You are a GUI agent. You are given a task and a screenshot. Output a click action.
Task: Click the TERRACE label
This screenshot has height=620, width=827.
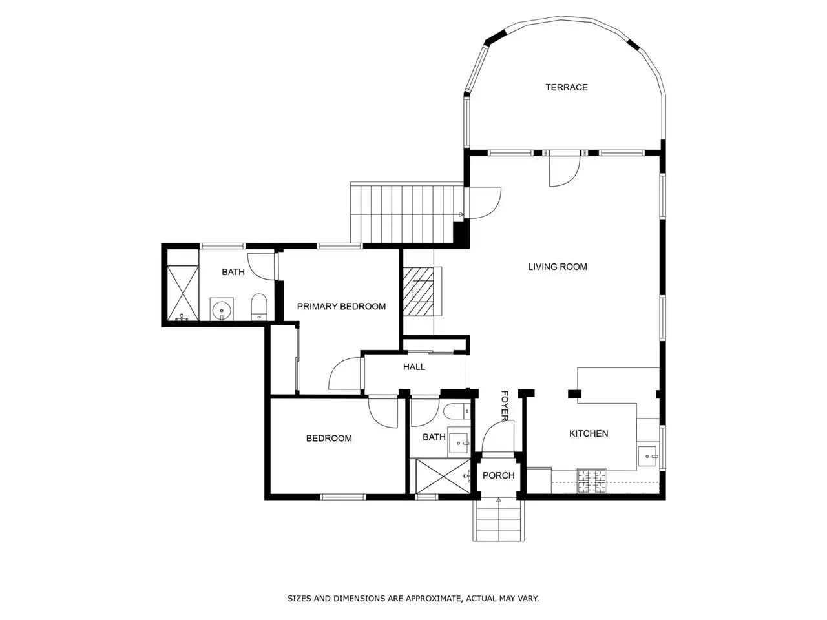566,87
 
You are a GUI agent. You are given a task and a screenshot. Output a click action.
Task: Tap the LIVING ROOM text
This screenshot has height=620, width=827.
557,267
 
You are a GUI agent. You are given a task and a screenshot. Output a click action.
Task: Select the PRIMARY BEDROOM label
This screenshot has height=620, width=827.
341,306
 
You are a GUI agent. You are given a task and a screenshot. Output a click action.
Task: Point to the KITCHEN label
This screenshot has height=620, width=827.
589,433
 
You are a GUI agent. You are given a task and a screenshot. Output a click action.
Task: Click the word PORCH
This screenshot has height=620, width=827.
498,475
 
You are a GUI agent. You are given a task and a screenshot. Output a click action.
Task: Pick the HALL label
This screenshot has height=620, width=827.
414,367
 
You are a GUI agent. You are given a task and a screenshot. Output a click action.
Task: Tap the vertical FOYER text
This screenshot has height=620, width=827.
505,406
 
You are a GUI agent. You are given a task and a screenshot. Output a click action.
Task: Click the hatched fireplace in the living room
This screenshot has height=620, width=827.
418,292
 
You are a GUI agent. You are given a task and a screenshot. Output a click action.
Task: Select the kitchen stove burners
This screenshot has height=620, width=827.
592,480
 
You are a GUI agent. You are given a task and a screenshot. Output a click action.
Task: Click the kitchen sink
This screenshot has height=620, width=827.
647,456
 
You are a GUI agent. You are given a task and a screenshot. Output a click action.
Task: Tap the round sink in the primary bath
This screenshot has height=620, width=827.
221,309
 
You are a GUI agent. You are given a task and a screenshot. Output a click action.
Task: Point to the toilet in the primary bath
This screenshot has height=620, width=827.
259,307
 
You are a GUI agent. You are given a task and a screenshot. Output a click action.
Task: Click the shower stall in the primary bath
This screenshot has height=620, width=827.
182,293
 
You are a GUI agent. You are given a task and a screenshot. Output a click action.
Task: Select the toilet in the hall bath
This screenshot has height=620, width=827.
457,411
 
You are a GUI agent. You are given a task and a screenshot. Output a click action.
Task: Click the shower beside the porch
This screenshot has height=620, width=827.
443,476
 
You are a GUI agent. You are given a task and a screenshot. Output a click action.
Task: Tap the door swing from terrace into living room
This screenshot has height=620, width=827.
564,170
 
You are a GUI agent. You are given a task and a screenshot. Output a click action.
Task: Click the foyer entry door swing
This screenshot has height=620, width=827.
497,437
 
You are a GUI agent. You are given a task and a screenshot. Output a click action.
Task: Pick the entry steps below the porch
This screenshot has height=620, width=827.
498,520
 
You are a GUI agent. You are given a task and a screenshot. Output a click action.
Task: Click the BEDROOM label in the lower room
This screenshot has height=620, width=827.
329,438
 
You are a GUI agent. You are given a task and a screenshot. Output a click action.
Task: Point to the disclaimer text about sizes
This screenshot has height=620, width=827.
413,598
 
